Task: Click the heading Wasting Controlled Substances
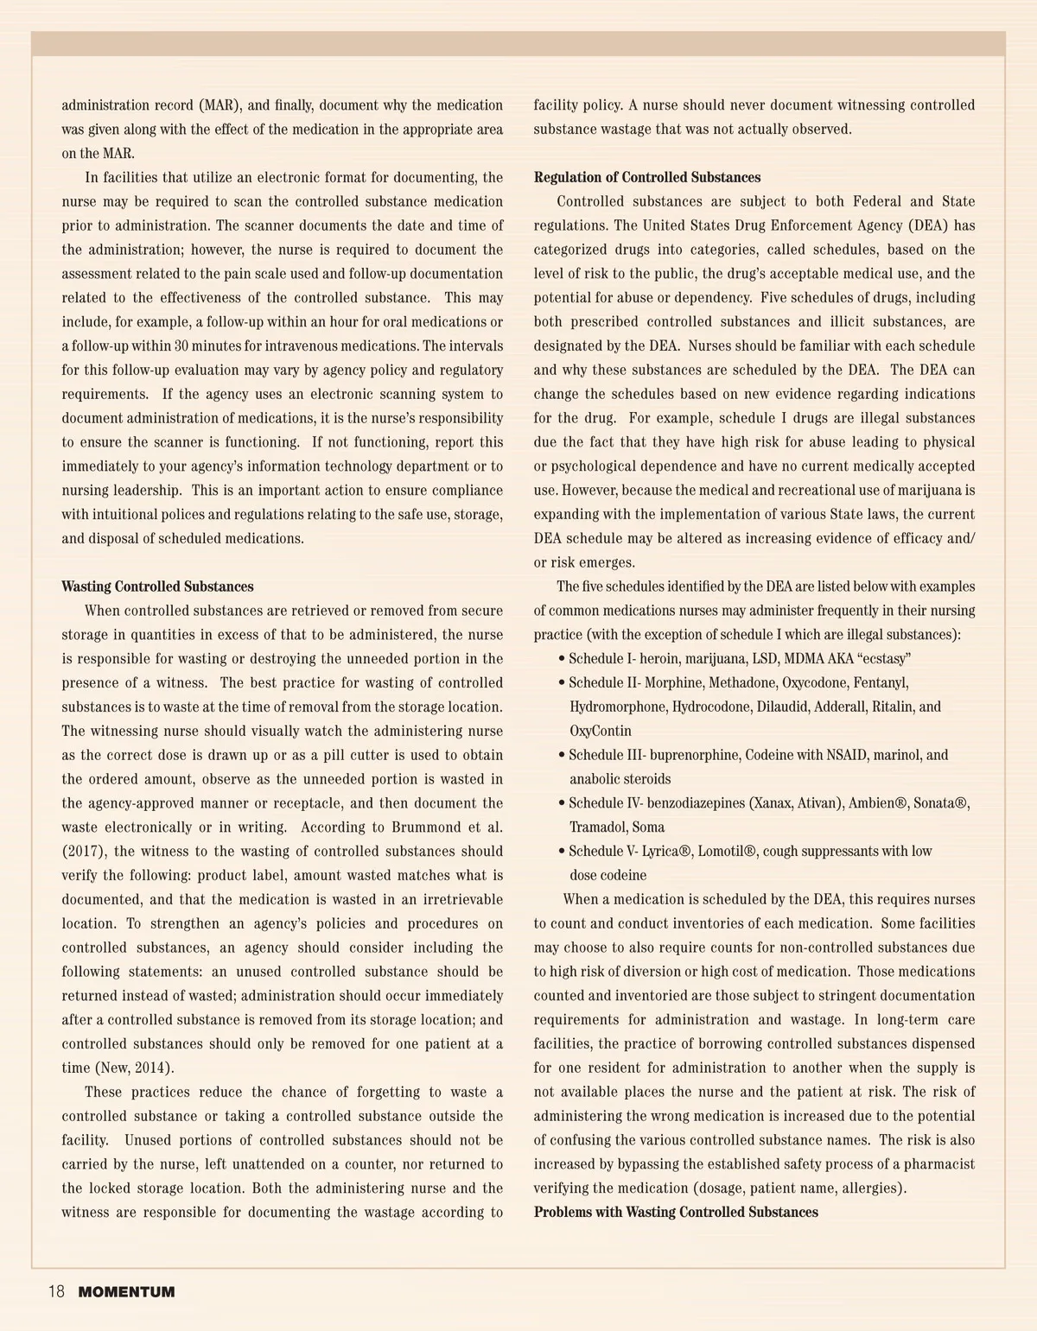(157, 586)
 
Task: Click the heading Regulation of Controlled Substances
(647, 177)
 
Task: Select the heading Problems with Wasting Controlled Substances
(676, 1212)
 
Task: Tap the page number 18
(56, 1292)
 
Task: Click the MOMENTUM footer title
(126, 1293)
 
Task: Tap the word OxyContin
(600, 731)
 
